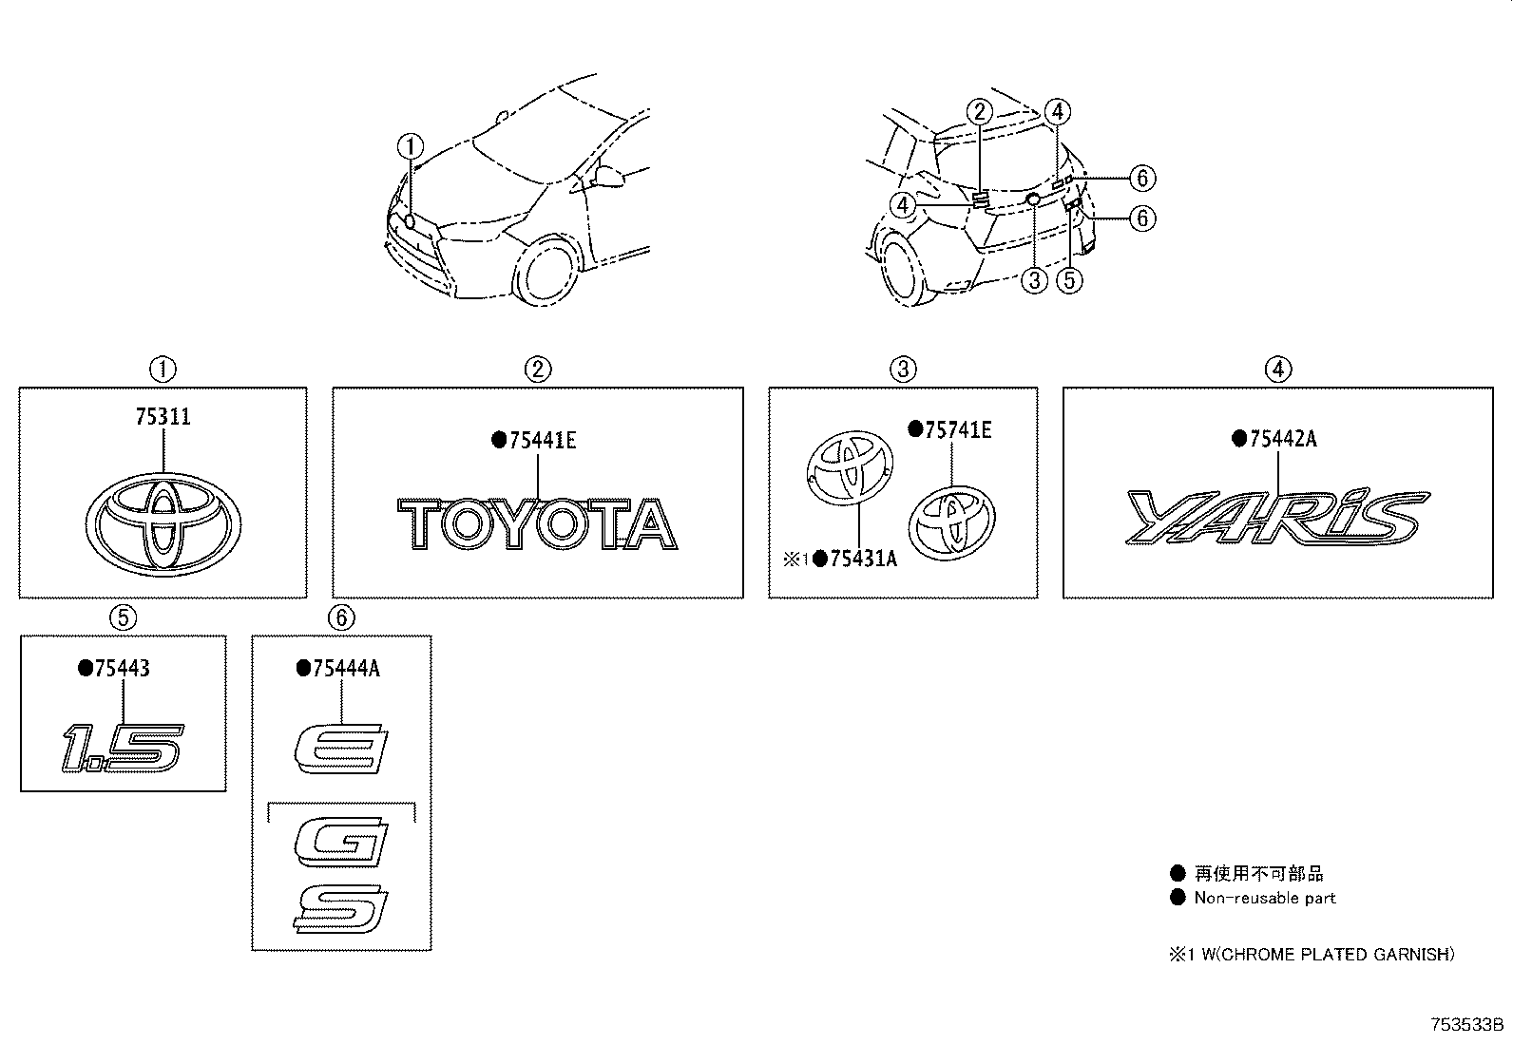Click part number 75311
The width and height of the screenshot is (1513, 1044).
(x=163, y=417)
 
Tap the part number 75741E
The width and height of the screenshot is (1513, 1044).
(x=958, y=429)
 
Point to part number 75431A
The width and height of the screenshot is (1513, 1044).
(x=863, y=559)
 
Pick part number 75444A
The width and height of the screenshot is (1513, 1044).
(x=345, y=669)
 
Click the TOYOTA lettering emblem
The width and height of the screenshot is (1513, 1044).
(x=537, y=524)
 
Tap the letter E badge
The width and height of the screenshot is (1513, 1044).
(x=339, y=748)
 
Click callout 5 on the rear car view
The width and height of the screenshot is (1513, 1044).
(x=1070, y=280)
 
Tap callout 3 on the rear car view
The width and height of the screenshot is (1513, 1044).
(x=1034, y=280)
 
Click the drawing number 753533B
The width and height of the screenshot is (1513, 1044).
(x=1467, y=1025)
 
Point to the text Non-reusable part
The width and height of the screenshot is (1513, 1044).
(x=1264, y=898)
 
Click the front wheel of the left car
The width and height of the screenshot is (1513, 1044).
(x=546, y=273)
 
